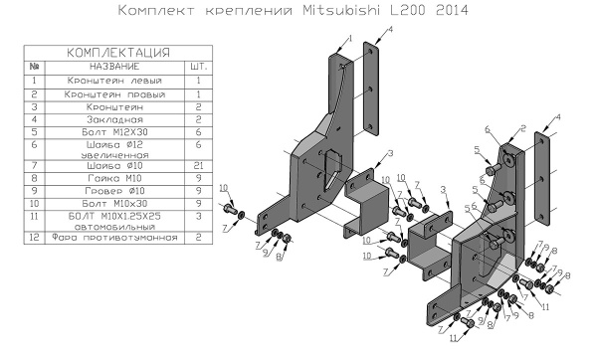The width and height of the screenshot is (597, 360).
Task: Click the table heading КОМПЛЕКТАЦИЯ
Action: point(117,51)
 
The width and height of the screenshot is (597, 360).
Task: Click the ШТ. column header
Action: point(198,65)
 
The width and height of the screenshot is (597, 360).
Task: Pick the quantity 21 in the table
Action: point(198,165)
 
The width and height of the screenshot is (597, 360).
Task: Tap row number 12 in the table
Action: point(34,238)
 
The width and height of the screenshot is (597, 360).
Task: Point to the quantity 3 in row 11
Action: point(198,214)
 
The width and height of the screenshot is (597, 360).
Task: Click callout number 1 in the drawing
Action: point(350,37)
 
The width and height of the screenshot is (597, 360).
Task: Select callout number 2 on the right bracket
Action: point(519,130)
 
